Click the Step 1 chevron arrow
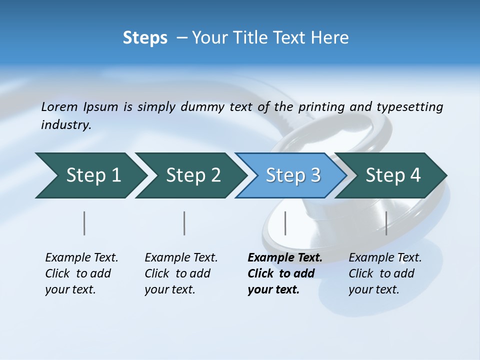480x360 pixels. point(90,175)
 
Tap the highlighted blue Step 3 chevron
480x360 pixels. point(291,175)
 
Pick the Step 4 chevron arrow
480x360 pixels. point(391,175)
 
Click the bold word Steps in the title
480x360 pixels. point(145,38)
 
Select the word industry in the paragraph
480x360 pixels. point(66,125)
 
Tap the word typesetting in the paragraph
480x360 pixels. point(409,106)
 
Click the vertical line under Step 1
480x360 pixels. point(84,223)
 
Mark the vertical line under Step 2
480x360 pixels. point(184,223)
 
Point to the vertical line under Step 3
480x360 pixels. point(285,223)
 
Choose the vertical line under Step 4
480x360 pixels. point(386,223)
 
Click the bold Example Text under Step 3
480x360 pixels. point(285,257)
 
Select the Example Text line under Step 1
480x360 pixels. point(81,257)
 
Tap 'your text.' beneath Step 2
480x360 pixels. point(169,289)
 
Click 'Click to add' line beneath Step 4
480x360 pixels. point(381,273)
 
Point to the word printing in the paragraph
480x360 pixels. point(322,106)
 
